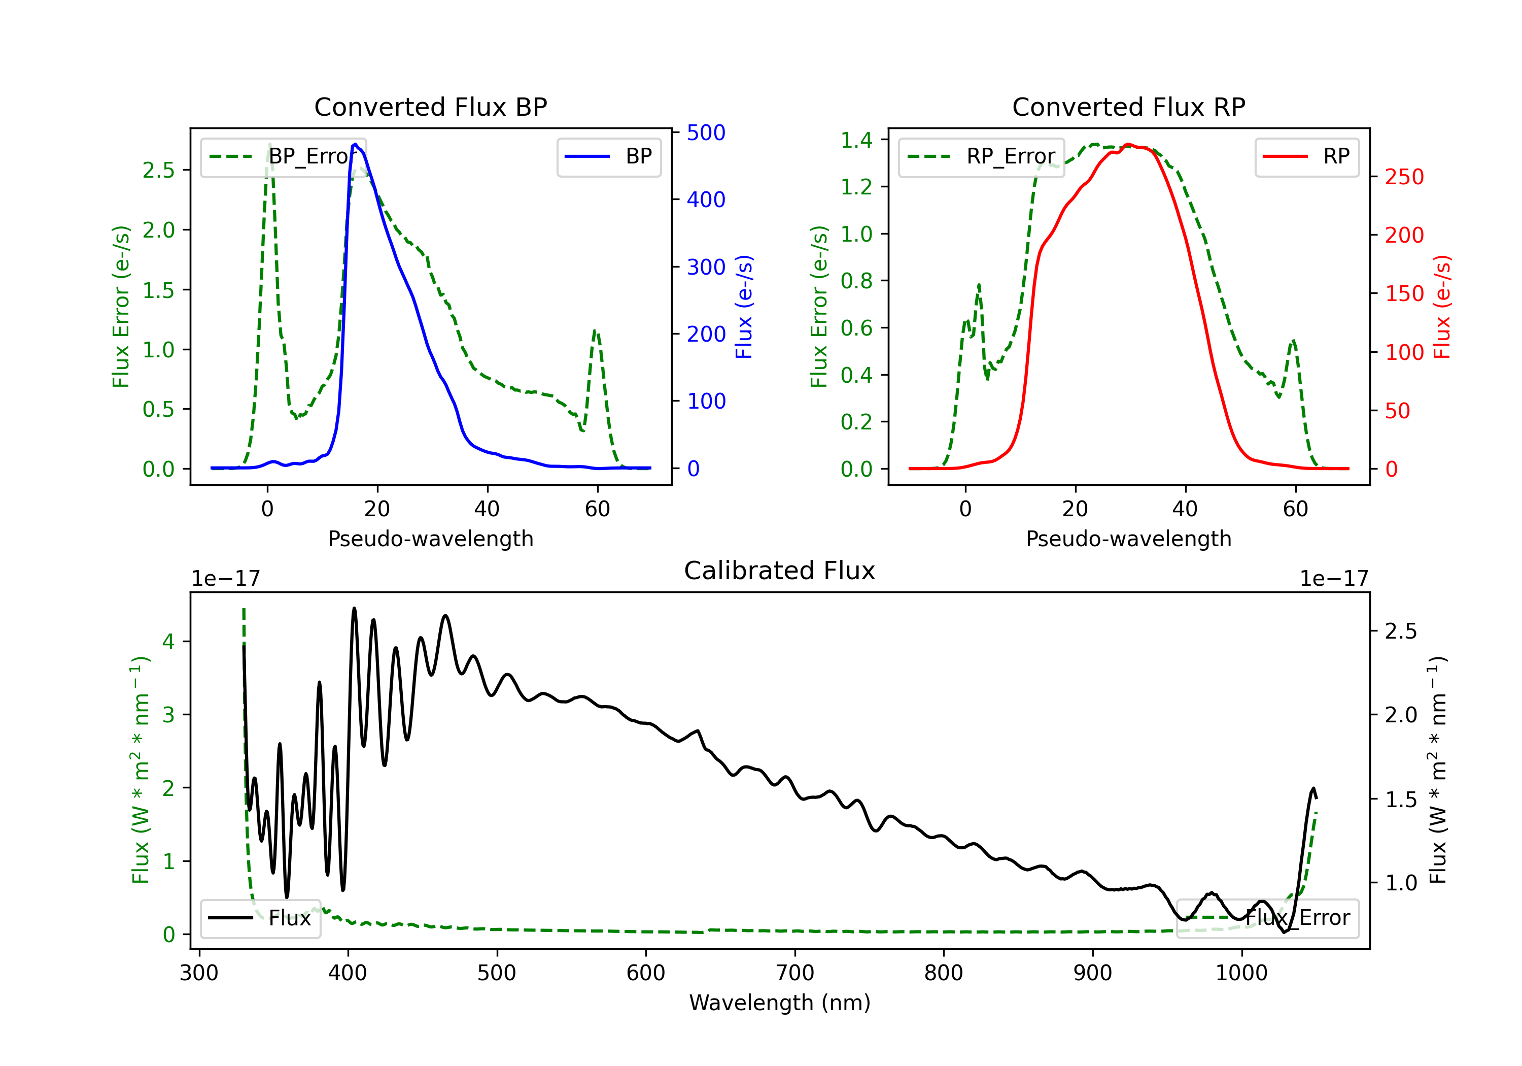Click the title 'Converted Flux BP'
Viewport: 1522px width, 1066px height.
431,107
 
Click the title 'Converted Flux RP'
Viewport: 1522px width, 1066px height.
1129,107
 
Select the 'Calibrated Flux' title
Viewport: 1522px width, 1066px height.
780,571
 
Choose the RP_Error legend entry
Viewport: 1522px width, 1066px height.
981,156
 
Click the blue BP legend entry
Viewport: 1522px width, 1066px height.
608,156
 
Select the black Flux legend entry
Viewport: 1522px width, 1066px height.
260,918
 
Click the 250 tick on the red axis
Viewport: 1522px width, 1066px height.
1404,177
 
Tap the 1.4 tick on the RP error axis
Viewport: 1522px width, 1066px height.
856,140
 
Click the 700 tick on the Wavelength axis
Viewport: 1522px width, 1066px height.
795,973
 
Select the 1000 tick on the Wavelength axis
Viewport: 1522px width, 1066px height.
1241,973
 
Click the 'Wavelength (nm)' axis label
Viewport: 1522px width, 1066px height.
780,1003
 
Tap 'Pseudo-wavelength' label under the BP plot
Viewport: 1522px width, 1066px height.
431,539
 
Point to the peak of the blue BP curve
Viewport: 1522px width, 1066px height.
355,144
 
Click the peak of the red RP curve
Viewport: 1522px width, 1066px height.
1128,145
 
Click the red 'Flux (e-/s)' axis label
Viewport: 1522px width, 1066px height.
1442,307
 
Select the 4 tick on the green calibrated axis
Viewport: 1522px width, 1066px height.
168,642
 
